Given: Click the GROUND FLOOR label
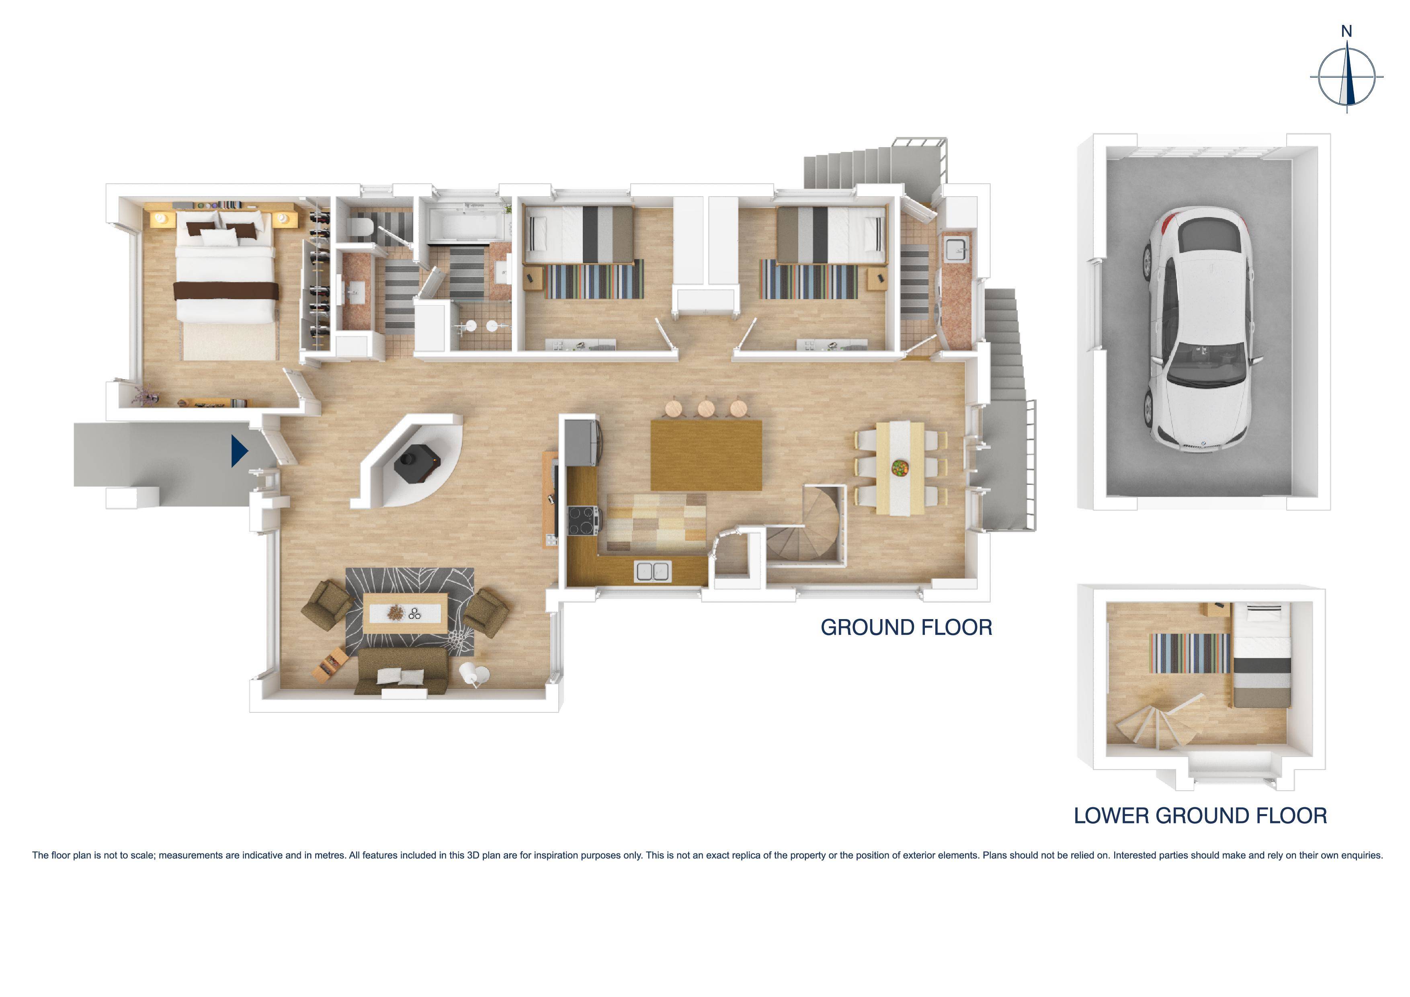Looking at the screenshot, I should (x=906, y=627).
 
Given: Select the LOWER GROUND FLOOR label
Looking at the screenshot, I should (x=1200, y=816).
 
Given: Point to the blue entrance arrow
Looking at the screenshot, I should (x=239, y=451).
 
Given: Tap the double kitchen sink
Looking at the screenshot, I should (x=652, y=571).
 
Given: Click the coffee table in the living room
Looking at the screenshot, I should (x=405, y=612).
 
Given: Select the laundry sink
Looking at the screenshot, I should (x=955, y=249).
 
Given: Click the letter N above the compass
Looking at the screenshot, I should (x=1346, y=31).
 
